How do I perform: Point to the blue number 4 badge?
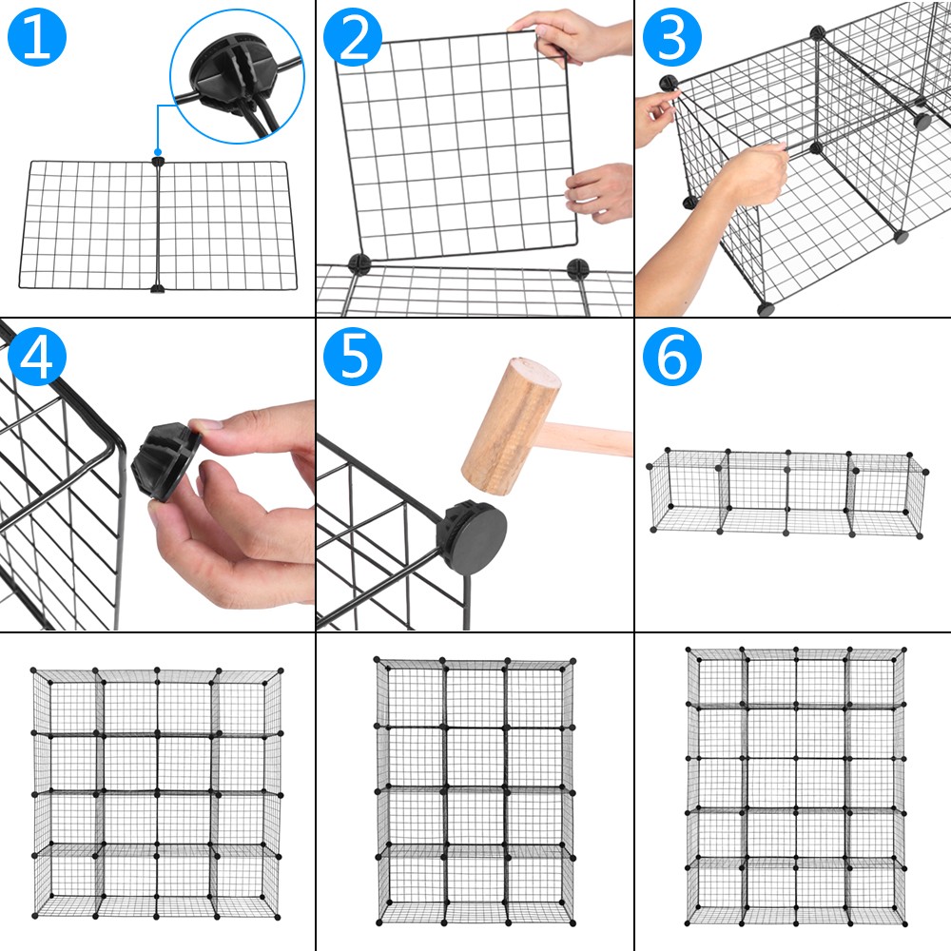point(36,356)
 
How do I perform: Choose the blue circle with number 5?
point(353,356)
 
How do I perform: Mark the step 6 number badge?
point(671,356)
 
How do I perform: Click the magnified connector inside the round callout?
point(224,70)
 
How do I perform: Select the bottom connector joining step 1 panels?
point(157,286)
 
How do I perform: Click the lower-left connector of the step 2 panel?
point(359,263)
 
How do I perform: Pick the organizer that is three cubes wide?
point(475,788)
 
